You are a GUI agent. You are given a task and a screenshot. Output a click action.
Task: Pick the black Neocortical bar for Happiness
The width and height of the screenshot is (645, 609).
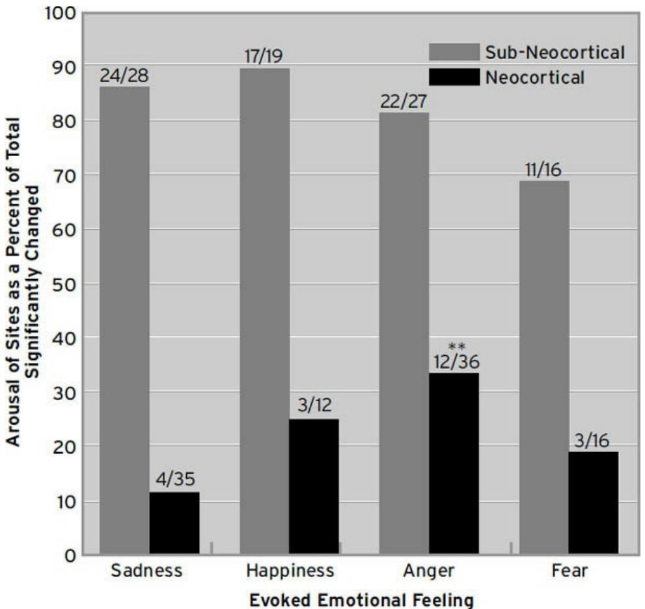(314, 487)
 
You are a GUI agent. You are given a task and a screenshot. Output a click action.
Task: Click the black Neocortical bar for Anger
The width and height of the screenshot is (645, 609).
(454, 463)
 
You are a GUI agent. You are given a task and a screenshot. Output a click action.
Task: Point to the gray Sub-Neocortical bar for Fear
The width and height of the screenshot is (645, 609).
(544, 368)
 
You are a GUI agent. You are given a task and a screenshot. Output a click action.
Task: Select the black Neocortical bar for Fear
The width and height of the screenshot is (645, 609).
(594, 503)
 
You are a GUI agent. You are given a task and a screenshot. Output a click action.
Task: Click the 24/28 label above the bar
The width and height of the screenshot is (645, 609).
(124, 75)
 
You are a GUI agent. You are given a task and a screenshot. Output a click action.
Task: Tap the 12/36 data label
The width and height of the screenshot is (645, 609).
(454, 361)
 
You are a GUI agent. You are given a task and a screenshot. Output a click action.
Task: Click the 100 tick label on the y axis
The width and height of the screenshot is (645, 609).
(62, 13)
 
